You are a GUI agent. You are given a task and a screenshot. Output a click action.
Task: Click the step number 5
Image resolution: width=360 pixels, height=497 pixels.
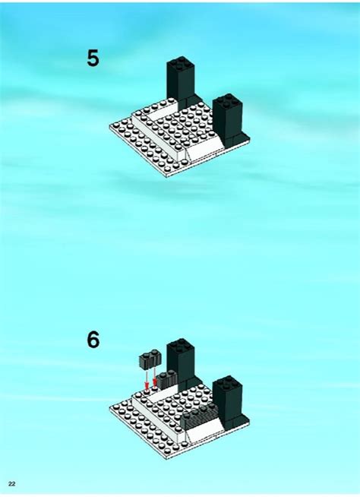coord(93,59)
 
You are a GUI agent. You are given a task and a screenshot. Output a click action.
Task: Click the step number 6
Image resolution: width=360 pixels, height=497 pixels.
coord(93,340)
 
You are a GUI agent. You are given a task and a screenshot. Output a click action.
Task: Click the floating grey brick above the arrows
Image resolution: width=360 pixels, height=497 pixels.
coord(148,359)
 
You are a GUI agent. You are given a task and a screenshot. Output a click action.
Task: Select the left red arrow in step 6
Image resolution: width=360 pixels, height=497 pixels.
coord(146,378)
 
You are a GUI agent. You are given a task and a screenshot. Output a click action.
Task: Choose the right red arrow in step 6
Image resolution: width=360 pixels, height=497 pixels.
coord(156,378)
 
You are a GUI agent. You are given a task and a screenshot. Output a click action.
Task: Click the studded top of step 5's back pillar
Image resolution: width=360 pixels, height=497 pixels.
coord(182,65)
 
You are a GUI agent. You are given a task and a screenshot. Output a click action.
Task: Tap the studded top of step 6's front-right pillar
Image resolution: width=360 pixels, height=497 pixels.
coord(227,384)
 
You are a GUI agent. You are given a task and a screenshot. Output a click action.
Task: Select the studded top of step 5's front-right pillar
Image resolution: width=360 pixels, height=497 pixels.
coord(227,100)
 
